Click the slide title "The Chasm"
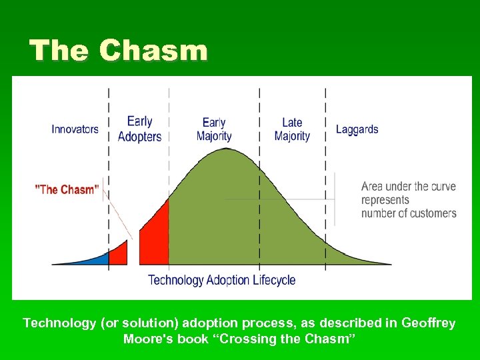(119, 51)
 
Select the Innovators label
(75, 129)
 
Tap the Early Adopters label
(139, 129)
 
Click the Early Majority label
(214, 129)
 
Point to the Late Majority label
(292, 129)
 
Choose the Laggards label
(357, 129)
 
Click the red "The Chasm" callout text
(67, 190)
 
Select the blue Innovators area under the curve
(93, 259)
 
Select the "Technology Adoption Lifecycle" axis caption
(221, 280)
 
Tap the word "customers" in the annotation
(432, 213)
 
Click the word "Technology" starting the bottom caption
(59, 323)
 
